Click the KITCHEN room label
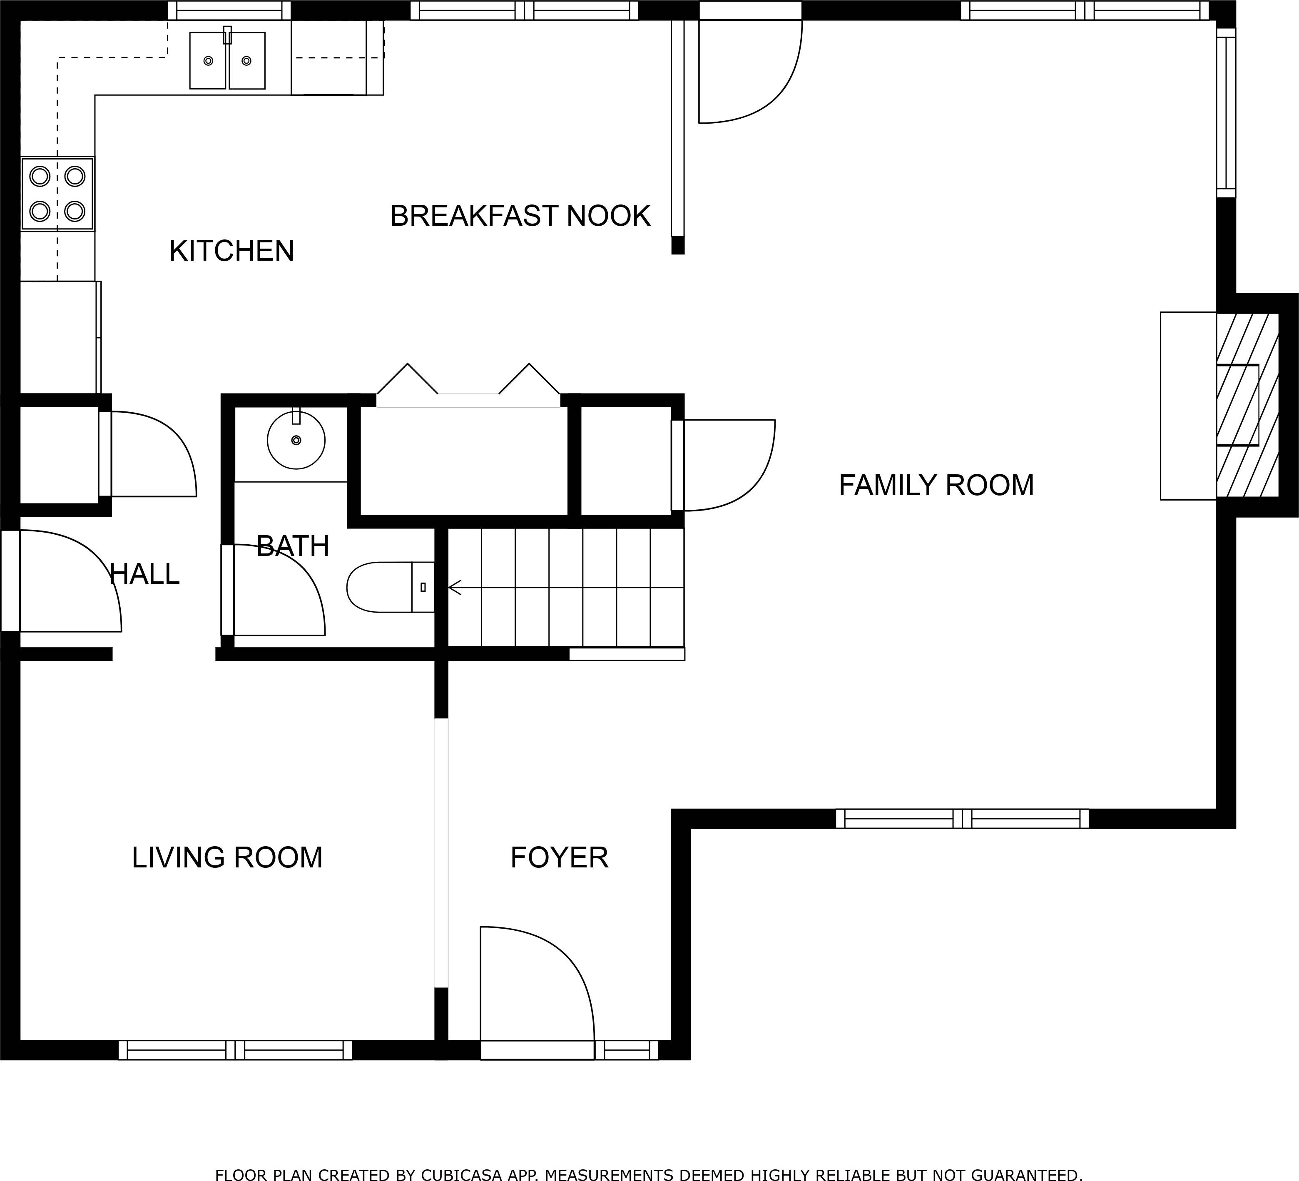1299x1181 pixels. pyautogui.click(x=231, y=251)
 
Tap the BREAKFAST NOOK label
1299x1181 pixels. pyautogui.click(x=520, y=216)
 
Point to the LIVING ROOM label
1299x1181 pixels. pyautogui.click(x=227, y=857)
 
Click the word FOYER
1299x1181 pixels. pyautogui.click(x=559, y=857)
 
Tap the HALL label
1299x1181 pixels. pyautogui.click(x=144, y=574)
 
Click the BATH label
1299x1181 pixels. pyautogui.click(x=293, y=546)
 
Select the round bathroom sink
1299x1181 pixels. pyautogui.click(x=296, y=440)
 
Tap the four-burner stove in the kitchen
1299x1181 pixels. pyautogui.click(x=57, y=193)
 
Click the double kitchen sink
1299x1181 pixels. pyautogui.click(x=227, y=61)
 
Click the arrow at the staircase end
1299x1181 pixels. pyautogui.click(x=455, y=587)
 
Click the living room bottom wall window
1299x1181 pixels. pyautogui.click(x=235, y=1050)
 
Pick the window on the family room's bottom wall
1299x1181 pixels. pyautogui.click(x=962, y=819)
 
